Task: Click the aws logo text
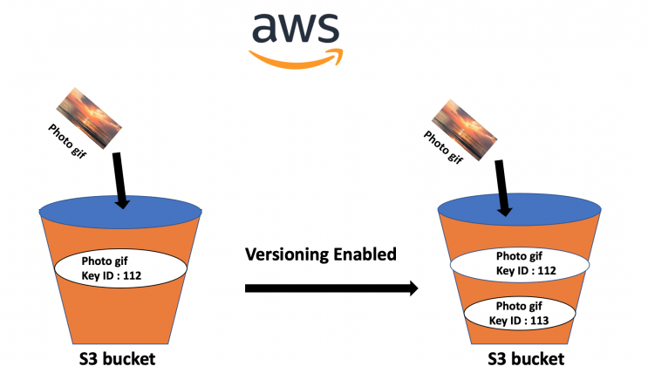coord(296,29)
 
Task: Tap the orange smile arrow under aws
coord(294,57)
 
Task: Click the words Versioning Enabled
coord(321,254)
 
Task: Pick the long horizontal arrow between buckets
coord(331,288)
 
